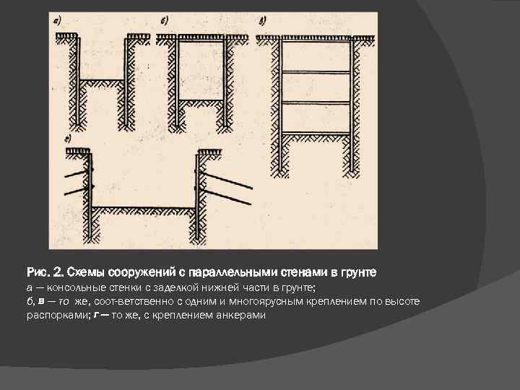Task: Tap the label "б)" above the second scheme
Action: coord(163,21)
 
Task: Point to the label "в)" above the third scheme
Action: coord(261,21)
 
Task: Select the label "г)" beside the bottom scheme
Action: coord(67,138)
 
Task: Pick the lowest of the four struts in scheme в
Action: coord(316,133)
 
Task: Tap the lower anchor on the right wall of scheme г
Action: coord(228,197)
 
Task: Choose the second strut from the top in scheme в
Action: coord(316,72)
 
